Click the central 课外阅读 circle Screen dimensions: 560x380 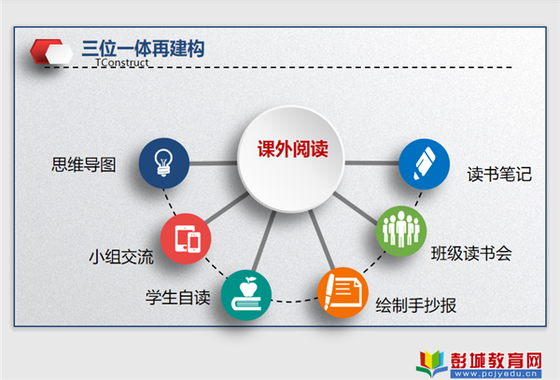[291, 159]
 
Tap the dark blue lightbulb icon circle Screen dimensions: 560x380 [164, 163]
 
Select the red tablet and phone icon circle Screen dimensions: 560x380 [186, 239]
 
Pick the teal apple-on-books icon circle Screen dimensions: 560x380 [246, 295]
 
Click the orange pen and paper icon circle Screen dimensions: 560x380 [343, 292]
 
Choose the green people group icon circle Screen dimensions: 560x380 [401, 231]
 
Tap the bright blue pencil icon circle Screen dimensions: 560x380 [424, 164]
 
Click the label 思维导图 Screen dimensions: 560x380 [84, 164]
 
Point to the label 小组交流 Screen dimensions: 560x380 [121, 257]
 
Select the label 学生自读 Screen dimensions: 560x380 [178, 298]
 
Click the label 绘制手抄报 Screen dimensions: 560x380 [415, 305]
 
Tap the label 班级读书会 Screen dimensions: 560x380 [471, 254]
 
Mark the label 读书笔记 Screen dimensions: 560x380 [499, 175]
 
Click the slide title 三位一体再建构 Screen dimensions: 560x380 [143, 49]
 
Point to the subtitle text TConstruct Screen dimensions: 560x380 [121, 63]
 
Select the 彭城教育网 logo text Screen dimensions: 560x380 [497, 360]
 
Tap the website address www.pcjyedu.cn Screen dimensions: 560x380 [496, 373]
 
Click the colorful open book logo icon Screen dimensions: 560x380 [431, 363]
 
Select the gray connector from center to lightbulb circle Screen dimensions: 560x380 [214, 163]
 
